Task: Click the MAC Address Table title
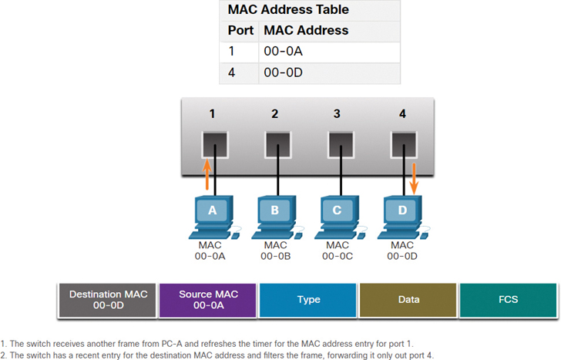(x=288, y=10)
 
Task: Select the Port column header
(x=240, y=31)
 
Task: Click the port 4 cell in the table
(x=232, y=73)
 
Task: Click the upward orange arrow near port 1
(x=207, y=174)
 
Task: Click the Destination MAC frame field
(x=108, y=300)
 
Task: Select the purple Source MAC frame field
(x=207, y=300)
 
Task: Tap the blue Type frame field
(x=308, y=300)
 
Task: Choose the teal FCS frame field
(x=509, y=300)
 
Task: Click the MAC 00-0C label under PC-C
(x=337, y=251)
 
